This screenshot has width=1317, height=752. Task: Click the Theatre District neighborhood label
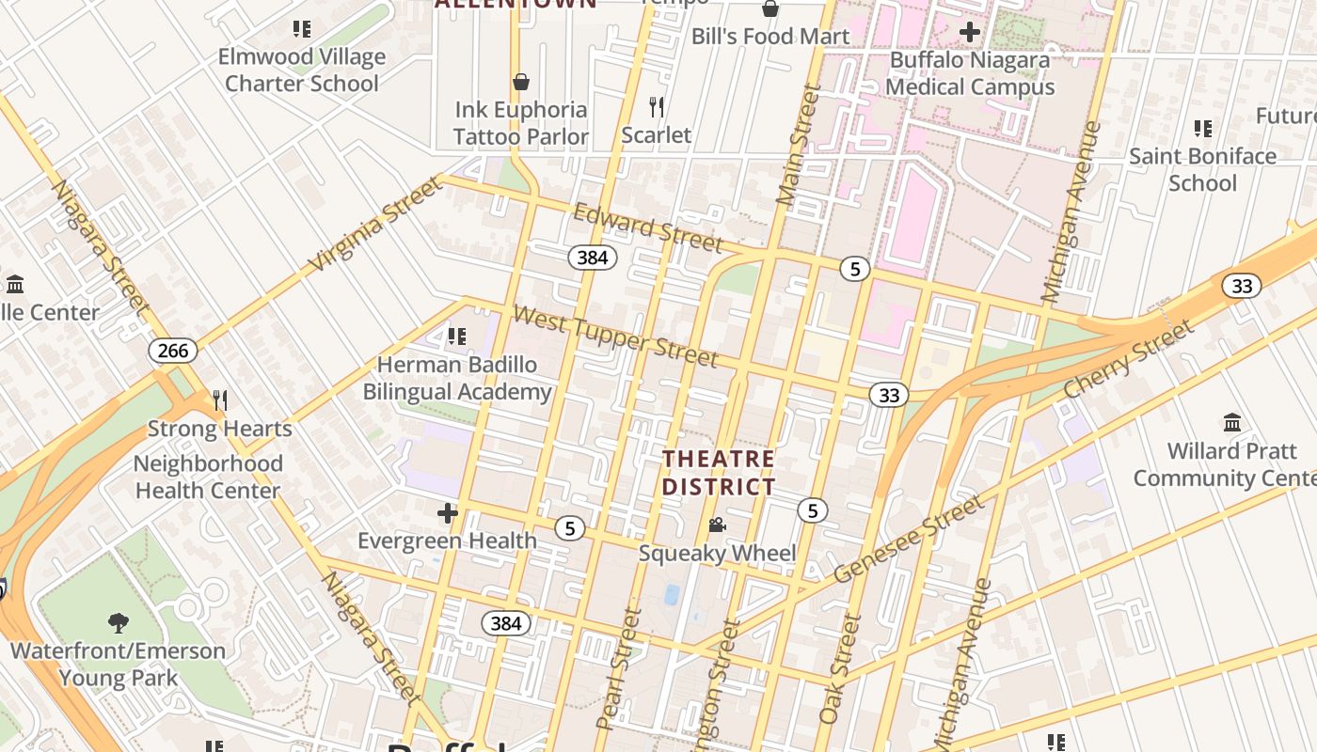point(719,473)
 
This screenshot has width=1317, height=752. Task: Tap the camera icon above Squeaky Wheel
point(717,525)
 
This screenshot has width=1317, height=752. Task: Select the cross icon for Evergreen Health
point(448,513)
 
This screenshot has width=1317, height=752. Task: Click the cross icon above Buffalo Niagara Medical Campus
point(969,33)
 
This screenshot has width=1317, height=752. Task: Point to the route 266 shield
point(173,351)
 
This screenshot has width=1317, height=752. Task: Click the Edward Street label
point(647,227)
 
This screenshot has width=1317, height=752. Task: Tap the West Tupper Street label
point(615,336)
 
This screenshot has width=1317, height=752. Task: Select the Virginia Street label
point(375,224)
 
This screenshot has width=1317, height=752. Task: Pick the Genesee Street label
point(910,539)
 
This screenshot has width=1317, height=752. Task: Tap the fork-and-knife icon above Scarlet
point(657,107)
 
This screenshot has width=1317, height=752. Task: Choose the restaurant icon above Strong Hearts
point(220,401)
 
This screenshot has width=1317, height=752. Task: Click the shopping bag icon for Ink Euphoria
point(521,82)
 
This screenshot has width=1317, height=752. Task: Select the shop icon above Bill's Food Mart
point(770,9)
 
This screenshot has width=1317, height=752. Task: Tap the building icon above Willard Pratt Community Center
point(1232,422)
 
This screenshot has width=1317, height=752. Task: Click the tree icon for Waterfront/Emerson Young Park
point(118,622)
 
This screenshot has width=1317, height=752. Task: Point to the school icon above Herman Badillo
point(457,337)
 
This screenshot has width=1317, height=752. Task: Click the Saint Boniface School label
point(1202,169)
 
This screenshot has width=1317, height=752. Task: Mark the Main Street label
point(799,145)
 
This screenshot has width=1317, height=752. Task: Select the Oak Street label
point(840,668)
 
